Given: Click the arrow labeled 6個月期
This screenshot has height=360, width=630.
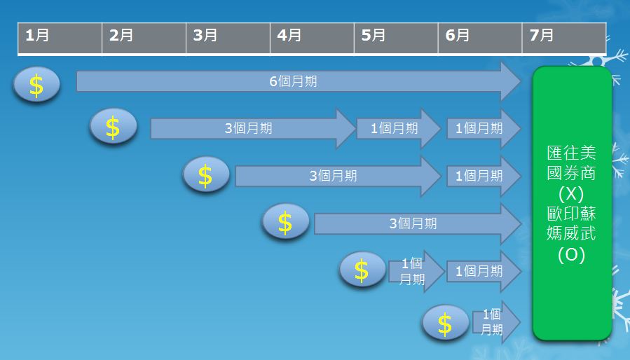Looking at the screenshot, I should pos(294,81).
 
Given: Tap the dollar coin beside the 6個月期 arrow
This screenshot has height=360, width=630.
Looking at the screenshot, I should pos(36,85).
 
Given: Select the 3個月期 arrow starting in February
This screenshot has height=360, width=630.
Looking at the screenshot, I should pos(249,129).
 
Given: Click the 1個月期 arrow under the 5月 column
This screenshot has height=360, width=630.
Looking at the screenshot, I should pos(396,129).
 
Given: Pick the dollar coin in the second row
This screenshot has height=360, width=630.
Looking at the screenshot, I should pos(113,127).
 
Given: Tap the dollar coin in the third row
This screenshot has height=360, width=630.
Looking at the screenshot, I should pos(206,175).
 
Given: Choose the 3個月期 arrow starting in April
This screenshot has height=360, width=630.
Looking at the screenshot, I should pos(413,223).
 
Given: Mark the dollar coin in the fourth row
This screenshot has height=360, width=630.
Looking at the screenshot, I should pos(285,223).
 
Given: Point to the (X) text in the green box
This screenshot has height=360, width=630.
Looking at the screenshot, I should pos(571,193).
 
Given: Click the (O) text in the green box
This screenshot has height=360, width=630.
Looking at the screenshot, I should pos(571,255).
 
